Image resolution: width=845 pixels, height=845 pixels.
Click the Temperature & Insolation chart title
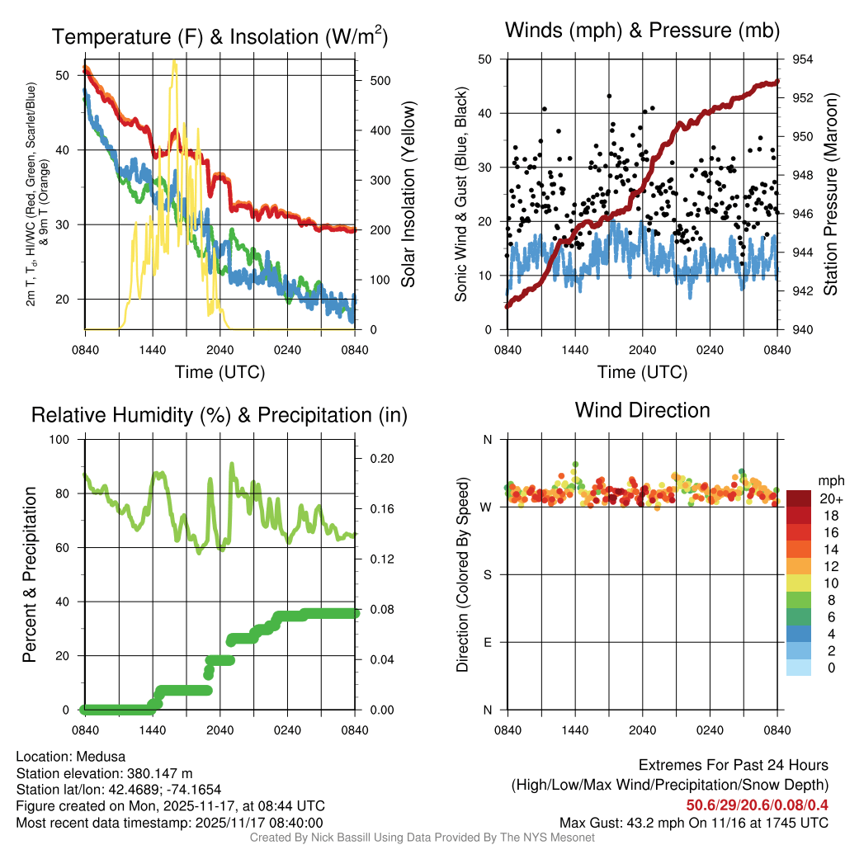[220, 37]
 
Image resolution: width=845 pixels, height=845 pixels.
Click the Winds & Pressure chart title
[642, 31]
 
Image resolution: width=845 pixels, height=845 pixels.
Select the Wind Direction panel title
[642, 410]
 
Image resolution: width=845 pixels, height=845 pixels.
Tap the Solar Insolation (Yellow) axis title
[408, 195]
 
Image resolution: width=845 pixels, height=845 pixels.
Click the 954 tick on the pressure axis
[803, 59]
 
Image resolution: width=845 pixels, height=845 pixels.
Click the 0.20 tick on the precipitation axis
[381, 458]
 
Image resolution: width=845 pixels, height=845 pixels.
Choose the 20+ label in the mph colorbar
[830, 499]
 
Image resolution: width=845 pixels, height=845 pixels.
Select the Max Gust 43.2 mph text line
[693, 823]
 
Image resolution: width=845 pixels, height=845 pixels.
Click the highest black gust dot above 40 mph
[609, 96]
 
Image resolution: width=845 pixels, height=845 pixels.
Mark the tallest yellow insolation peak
[174, 62]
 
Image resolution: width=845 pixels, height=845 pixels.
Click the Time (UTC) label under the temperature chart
[220, 372]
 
